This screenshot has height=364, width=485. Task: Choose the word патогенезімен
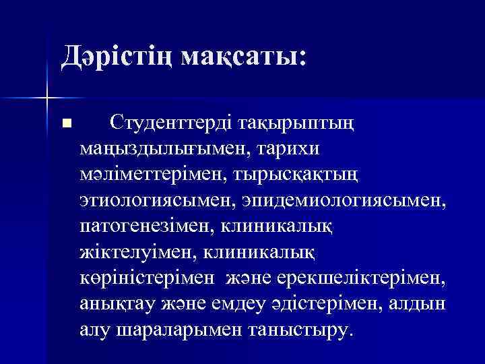click(x=142, y=226)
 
